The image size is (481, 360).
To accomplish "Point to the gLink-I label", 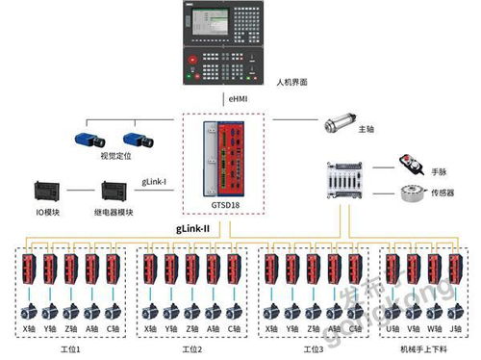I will pos(155,180).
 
